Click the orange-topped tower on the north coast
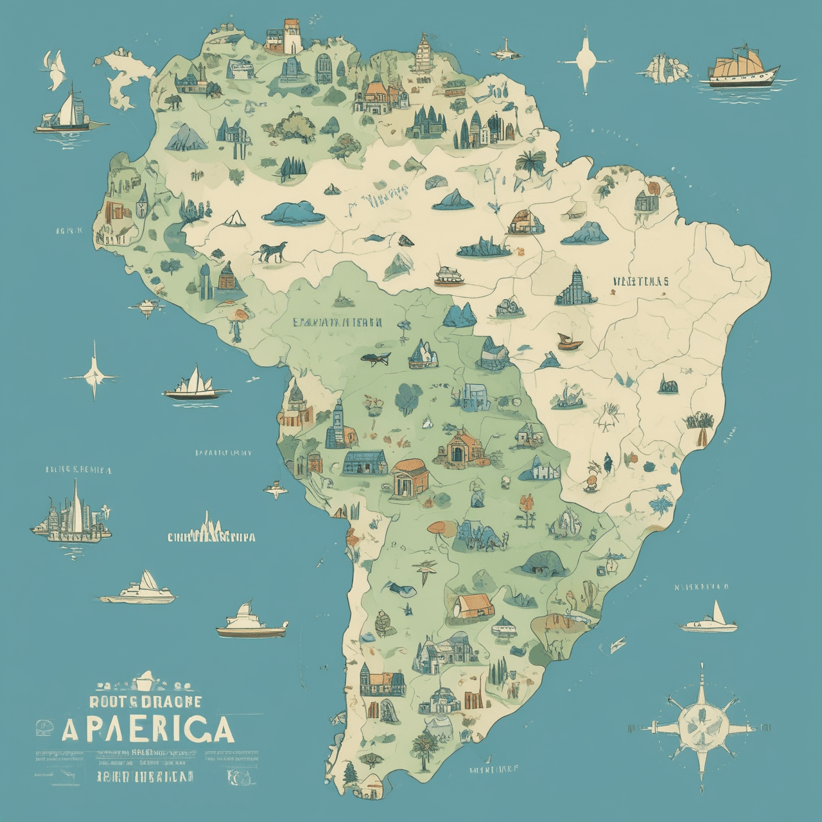pos(292,36)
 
